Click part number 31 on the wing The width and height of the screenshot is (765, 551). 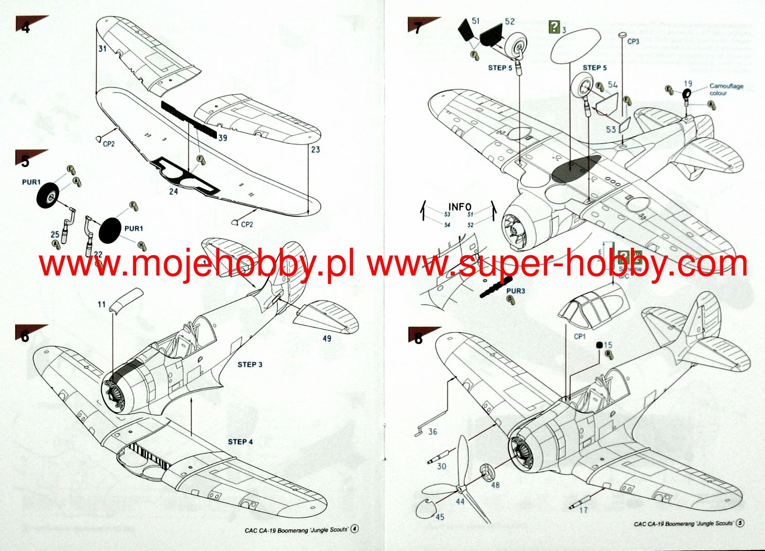pos(102,49)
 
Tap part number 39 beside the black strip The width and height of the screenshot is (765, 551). pos(222,138)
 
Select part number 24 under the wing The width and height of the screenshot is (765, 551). pos(174,192)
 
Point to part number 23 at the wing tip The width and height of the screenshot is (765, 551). pos(316,149)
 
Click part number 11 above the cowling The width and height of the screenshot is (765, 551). pos(102,304)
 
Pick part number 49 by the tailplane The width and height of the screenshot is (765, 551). pos(327,338)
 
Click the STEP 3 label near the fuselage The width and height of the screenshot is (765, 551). pos(249,365)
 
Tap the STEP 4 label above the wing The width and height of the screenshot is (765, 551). pos(240,442)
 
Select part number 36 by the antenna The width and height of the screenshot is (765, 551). pos(433,432)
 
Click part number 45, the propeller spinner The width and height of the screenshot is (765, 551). pos(440,517)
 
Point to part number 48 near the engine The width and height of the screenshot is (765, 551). pos(495,485)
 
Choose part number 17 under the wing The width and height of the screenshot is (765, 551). pos(583,510)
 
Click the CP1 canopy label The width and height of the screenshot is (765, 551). pos(580,336)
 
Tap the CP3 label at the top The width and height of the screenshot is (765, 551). pos(633,42)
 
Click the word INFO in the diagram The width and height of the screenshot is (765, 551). pos(460,207)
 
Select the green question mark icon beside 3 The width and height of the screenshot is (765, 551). pos(554,27)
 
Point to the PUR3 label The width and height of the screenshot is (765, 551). pos(516,291)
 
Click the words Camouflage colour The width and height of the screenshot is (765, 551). pos(726,90)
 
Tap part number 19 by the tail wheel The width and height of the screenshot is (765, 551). pos(688,84)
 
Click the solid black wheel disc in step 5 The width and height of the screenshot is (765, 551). pos(109,230)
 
